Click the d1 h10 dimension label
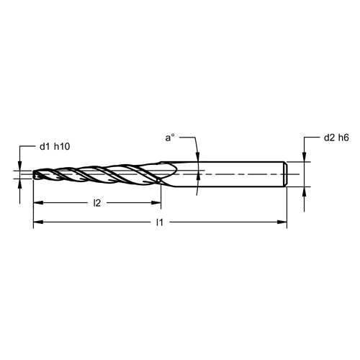tap(55, 147)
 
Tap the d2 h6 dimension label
tap(336, 138)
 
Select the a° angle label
tap(170, 138)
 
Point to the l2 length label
tap(97, 203)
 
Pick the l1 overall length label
tap(160, 222)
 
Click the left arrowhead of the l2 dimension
tap(38, 203)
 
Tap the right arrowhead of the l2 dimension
tap(156, 203)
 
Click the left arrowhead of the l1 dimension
tap(38, 222)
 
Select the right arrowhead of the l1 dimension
tap(282, 222)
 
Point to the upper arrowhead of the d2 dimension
tap(305, 157)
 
